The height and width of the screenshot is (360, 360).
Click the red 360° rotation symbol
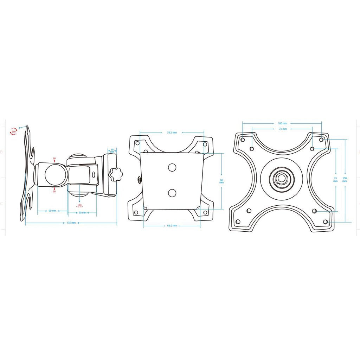14,131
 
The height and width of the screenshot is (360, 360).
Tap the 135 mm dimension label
71,223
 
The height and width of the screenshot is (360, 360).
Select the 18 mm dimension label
112,150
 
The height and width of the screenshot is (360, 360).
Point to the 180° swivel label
79,205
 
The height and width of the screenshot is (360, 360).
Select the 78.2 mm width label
172,133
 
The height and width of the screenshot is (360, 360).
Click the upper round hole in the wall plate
172,167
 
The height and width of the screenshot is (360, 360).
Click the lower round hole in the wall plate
172,192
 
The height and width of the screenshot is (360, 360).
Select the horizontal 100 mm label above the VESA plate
282,123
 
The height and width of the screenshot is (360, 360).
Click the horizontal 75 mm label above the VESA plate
282,129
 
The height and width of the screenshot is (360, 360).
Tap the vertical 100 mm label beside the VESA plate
345,179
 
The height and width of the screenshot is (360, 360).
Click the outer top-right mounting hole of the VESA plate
321,140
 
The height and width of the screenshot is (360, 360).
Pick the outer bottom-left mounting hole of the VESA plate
238,221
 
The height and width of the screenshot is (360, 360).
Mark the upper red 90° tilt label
54,159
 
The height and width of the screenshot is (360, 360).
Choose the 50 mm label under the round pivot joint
52,211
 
